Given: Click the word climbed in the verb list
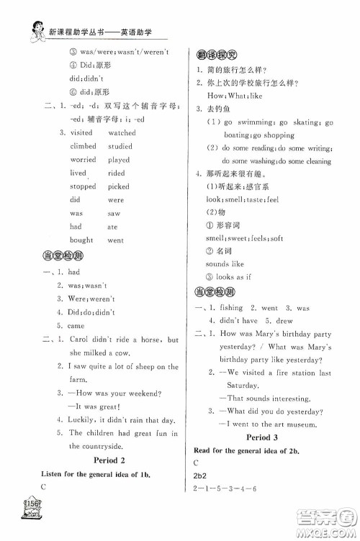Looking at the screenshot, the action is tap(83, 146).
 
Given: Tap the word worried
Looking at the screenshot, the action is tap(83, 160).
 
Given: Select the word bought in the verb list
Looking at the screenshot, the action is tap(81, 240).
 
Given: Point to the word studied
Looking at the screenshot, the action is tap(120, 146).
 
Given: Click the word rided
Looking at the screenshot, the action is tap(117, 173).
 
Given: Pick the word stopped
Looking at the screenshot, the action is tap(83, 186).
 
